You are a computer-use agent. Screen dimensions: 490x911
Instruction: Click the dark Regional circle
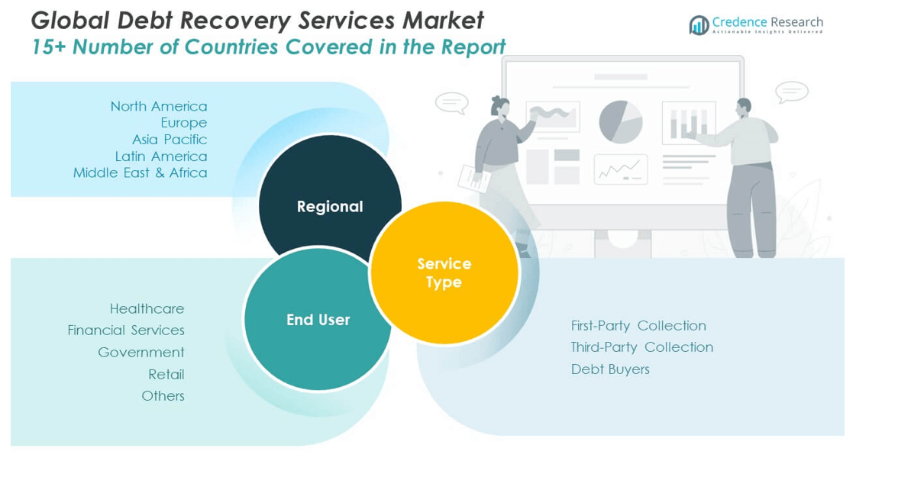coord(329,198)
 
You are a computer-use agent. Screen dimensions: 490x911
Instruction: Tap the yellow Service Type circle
coord(444,272)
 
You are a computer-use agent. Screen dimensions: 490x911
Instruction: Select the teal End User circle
coord(318,320)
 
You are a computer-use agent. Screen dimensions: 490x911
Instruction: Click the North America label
coord(158,106)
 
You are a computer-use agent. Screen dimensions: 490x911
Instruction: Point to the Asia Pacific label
coord(169,140)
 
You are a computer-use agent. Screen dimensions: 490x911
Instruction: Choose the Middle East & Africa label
coord(140,173)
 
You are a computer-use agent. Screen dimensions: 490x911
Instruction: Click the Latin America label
coord(160,156)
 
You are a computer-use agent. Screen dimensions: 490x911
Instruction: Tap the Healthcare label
coord(147,309)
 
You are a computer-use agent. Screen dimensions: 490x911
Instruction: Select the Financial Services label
coord(126,330)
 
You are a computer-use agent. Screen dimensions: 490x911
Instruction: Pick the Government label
coord(141,353)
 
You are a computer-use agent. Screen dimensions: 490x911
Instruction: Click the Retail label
coord(166,375)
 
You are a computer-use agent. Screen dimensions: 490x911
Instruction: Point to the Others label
coord(163,396)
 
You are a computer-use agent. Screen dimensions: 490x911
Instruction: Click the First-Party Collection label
coord(638,326)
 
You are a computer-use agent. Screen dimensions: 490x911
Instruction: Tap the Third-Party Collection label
coord(641,347)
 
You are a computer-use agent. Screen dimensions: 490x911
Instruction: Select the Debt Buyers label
coord(610,369)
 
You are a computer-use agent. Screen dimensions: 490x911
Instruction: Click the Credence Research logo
coord(755,24)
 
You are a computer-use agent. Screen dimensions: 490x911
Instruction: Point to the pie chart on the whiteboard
coord(620,122)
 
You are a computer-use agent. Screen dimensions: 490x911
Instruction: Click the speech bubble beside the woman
coord(451,102)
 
